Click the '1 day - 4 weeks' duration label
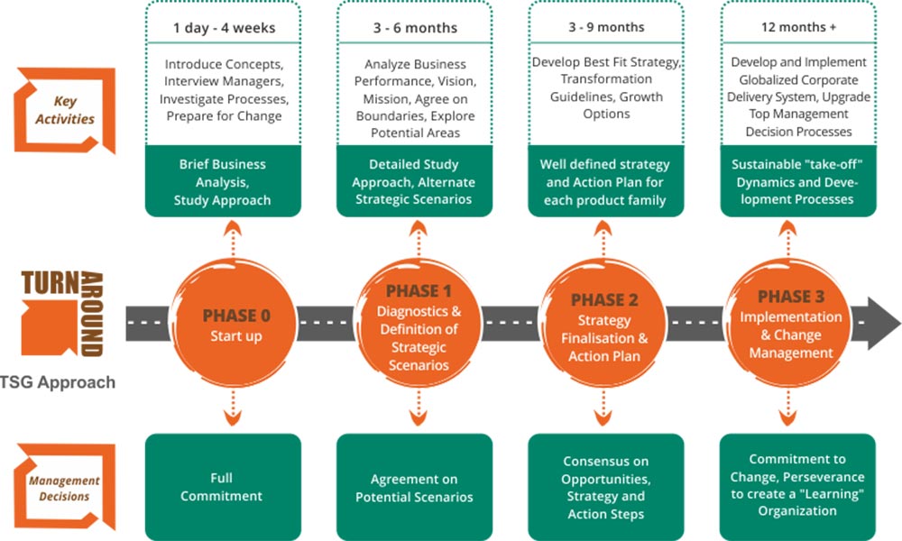(x=224, y=28)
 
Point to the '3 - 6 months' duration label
(x=416, y=28)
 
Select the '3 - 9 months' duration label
(x=606, y=28)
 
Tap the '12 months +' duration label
(x=797, y=28)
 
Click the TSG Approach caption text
(x=58, y=382)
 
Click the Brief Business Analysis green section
(x=223, y=182)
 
